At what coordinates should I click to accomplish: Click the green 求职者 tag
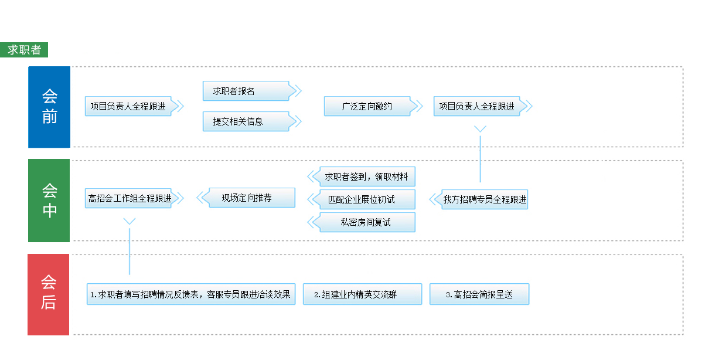(x=24, y=50)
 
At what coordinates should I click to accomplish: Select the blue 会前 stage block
(x=49, y=107)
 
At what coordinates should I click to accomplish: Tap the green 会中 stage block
(x=49, y=201)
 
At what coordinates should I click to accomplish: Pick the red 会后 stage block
(x=49, y=294)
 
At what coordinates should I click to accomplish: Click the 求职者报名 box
(x=246, y=91)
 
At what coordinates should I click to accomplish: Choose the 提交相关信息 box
(x=246, y=121)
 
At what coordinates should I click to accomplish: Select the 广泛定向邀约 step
(x=367, y=106)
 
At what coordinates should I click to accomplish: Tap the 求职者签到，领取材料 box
(x=367, y=176)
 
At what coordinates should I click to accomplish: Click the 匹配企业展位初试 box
(x=367, y=199)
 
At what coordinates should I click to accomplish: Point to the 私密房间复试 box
(x=367, y=222)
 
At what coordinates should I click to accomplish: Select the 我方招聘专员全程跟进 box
(x=485, y=199)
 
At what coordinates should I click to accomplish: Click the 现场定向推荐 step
(x=251, y=198)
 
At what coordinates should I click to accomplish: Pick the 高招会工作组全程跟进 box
(x=129, y=198)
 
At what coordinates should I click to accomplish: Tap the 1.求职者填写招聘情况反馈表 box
(x=190, y=294)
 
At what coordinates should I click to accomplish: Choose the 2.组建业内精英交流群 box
(x=362, y=294)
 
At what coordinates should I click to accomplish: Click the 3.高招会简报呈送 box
(x=479, y=294)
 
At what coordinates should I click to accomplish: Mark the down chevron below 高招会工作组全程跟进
(x=130, y=221)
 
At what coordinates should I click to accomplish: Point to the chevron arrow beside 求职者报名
(x=296, y=91)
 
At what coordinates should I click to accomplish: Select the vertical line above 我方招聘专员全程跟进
(x=480, y=158)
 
